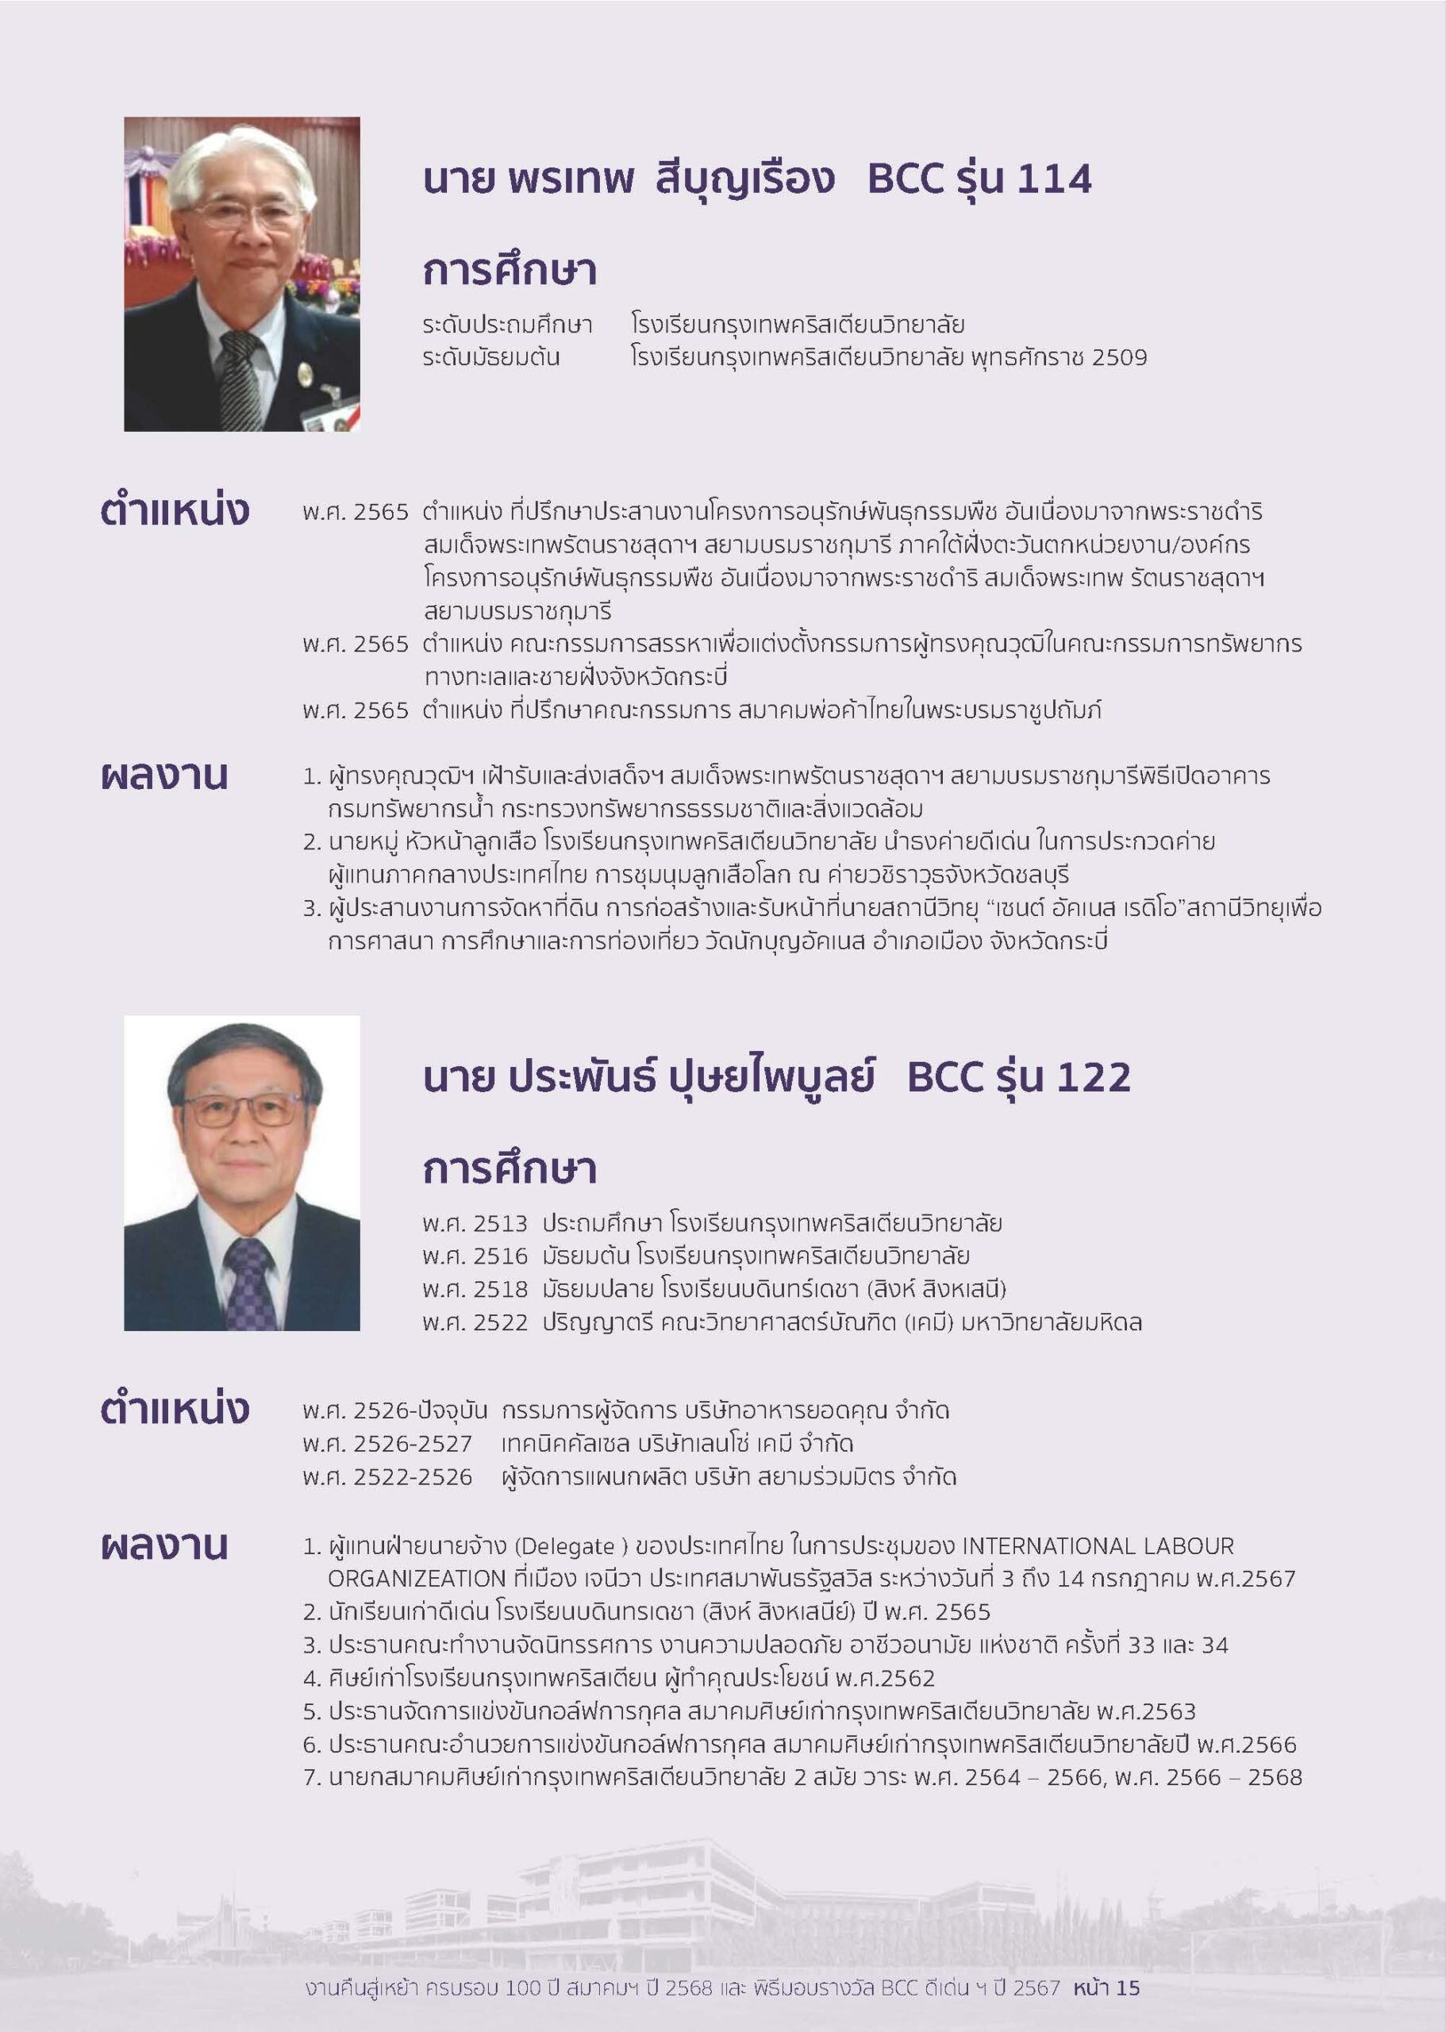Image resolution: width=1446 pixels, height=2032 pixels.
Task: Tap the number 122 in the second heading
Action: pos(1094,1077)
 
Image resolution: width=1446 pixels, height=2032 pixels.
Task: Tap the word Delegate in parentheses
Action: pos(578,1547)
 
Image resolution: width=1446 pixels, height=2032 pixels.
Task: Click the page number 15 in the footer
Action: pos(1127,1988)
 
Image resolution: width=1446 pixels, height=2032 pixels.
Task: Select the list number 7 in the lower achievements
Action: pos(311,1778)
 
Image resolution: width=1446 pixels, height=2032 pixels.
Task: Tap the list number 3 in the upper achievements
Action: pos(311,909)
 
